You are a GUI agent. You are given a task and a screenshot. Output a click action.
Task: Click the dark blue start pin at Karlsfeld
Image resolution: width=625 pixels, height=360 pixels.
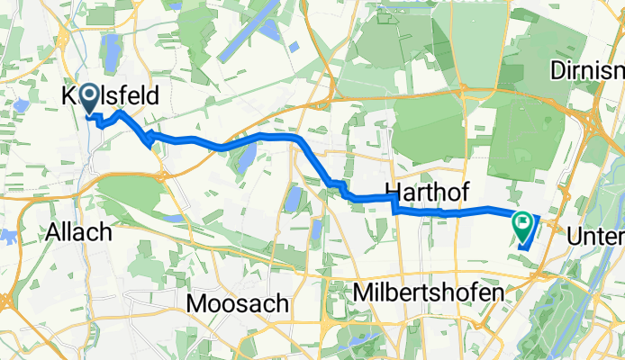[x=92, y=102]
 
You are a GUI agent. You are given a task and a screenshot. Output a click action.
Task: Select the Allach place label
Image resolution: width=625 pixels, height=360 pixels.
[x=80, y=232]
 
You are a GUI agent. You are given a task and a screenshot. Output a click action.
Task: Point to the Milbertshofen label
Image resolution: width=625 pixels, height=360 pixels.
[x=426, y=293]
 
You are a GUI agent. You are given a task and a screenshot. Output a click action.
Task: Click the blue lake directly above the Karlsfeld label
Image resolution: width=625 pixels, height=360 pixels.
[x=112, y=55]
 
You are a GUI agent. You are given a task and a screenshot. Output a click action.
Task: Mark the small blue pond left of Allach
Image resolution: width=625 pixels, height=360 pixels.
[x=7, y=236]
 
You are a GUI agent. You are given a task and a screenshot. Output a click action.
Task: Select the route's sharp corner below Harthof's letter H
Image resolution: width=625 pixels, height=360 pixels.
[x=394, y=209]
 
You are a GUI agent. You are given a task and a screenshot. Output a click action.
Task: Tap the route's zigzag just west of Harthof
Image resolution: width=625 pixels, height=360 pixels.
[x=340, y=187]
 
